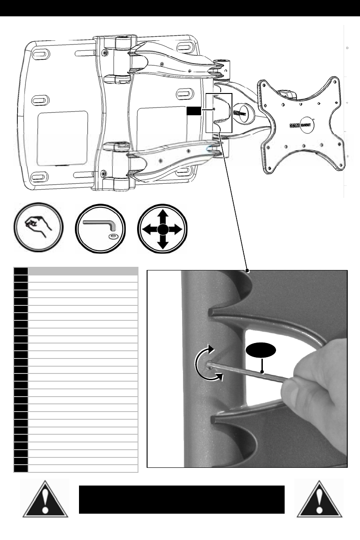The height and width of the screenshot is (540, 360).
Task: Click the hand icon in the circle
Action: point(37,227)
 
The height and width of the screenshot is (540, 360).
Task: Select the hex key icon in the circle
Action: point(100,227)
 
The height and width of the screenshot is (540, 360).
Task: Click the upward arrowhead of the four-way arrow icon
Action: point(163,212)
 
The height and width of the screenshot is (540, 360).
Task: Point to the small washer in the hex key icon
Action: point(112,236)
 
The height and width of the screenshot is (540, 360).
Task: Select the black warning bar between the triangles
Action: point(182,500)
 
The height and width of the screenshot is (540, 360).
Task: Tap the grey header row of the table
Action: point(83,271)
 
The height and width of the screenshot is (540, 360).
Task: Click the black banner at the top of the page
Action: point(180,8)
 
